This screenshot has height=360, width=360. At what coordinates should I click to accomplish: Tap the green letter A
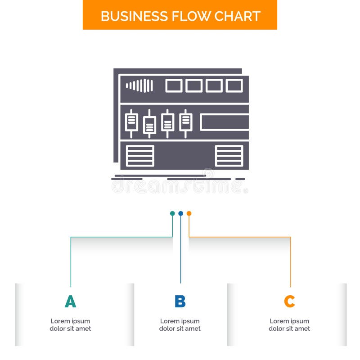70,301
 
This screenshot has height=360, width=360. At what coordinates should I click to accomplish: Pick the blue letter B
180,301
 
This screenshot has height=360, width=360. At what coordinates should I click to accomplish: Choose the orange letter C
289,301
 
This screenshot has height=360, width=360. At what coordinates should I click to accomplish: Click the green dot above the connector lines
172,213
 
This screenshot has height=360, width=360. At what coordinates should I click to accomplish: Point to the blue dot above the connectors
180,213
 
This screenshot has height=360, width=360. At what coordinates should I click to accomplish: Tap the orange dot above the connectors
189,213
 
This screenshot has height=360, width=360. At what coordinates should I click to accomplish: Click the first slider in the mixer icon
131,122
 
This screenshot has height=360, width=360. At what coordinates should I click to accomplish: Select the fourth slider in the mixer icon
185,122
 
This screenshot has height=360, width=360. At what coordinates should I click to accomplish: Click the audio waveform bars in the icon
139,85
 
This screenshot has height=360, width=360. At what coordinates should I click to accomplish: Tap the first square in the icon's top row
174,85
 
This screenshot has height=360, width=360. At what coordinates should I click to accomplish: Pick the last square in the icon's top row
234,85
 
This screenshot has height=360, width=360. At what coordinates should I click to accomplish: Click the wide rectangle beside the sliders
225,122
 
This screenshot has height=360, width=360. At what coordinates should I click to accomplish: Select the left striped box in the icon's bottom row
140,156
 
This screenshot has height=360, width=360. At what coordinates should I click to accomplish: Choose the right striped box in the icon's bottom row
229,156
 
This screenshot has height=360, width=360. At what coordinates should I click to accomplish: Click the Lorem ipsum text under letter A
70,325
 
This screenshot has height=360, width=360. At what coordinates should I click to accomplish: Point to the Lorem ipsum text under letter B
180,325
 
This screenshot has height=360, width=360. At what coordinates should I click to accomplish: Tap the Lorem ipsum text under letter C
289,325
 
